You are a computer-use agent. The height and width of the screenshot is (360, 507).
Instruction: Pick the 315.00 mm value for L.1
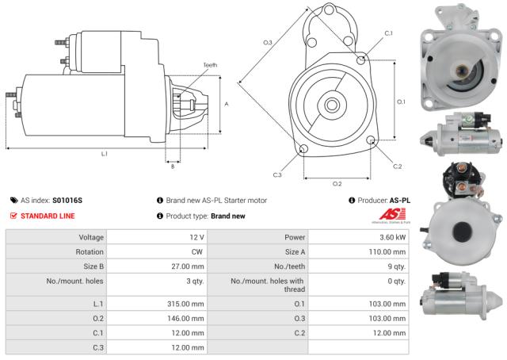186,304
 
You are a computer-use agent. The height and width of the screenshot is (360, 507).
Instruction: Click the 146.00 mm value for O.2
186,318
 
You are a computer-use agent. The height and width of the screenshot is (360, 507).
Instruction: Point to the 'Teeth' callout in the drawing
209,65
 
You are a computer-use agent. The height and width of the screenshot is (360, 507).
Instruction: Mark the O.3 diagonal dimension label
268,42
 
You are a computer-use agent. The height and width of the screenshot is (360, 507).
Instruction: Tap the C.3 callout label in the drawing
277,174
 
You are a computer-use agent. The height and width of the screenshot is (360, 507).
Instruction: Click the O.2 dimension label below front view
337,183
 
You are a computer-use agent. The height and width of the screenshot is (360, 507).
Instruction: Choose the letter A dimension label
227,104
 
